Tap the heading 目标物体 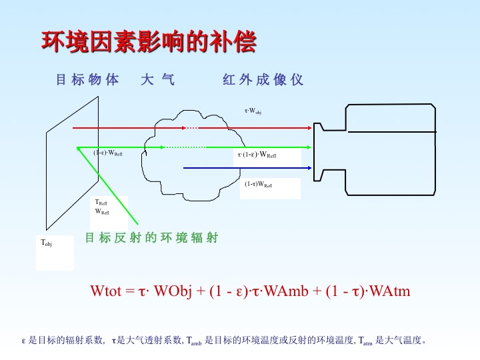tap(87, 80)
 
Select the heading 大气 tap(158, 80)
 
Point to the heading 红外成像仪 tap(263, 80)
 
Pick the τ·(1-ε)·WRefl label tap(257, 155)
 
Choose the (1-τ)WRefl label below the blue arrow tap(258, 184)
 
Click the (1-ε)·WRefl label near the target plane tap(108, 153)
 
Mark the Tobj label tap(47, 243)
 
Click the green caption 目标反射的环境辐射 tap(151, 237)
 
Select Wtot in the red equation tap(105, 291)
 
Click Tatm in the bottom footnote tap(365, 341)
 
